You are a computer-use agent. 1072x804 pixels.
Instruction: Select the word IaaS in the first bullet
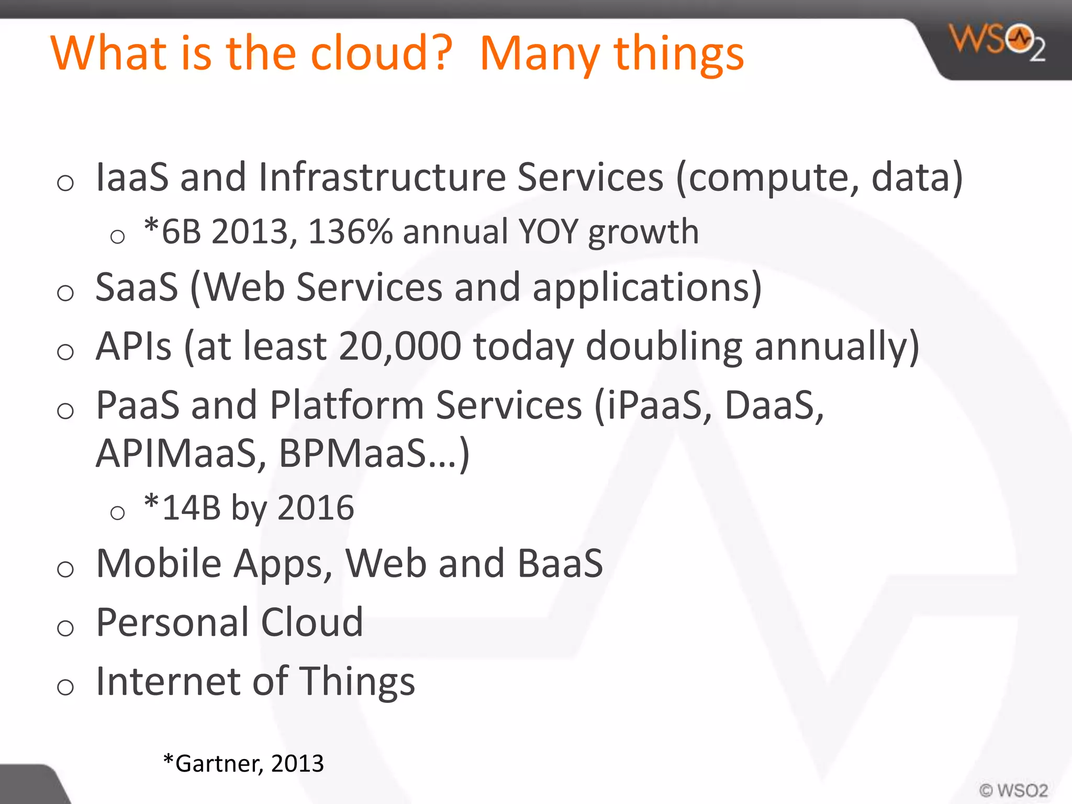click(x=132, y=177)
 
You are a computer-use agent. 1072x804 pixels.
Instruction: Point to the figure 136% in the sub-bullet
click(x=350, y=232)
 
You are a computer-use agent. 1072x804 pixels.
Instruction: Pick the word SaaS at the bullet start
click(x=137, y=287)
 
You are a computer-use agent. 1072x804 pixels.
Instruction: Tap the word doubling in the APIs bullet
click(x=664, y=347)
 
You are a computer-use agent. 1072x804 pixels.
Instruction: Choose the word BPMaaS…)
click(x=374, y=453)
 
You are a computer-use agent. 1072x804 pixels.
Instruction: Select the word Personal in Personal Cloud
click(x=172, y=622)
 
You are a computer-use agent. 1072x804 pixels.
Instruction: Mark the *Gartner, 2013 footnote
click(x=243, y=764)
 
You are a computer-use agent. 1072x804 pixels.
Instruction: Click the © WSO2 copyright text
click(x=1013, y=790)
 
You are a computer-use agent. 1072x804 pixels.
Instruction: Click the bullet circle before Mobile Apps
click(x=65, y=569)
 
